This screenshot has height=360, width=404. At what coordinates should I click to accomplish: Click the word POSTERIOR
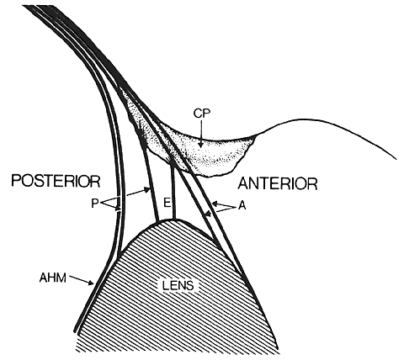pos(56,181)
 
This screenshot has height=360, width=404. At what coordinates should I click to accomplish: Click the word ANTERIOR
pos(278,184)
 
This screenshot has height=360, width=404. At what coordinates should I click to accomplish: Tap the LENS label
pos(178,286)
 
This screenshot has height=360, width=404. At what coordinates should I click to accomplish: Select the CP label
pos(202,113)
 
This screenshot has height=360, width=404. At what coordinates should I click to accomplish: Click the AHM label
pos(53,278)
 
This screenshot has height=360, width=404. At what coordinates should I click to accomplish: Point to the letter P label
pos(94,203)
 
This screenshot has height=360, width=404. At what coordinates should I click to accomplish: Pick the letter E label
pos(167,203)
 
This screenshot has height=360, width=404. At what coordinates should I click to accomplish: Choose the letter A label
pos(242,206)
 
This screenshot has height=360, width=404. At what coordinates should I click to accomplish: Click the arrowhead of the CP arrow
pos(200,145)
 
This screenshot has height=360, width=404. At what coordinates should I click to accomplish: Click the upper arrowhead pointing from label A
pos(215,203)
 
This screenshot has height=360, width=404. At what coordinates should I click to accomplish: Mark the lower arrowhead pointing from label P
pos(118,209)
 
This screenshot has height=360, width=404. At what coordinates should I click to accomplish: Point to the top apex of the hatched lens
pos(171,220)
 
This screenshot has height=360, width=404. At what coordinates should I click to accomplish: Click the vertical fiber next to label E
pos(173,191)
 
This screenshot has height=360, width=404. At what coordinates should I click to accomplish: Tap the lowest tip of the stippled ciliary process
pos(208,177)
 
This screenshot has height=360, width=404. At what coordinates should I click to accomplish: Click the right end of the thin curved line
pos(396,159)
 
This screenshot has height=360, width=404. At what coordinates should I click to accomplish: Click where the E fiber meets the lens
pos(173,219)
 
